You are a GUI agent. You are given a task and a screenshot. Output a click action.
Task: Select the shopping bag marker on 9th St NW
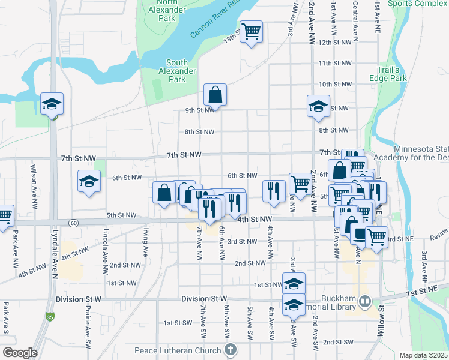coord(214,95)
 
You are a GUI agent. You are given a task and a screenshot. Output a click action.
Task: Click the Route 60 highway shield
coord(73,223)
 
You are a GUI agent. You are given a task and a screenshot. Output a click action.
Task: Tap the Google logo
coord(20,353)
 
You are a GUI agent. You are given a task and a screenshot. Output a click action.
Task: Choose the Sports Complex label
coord(418,4)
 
